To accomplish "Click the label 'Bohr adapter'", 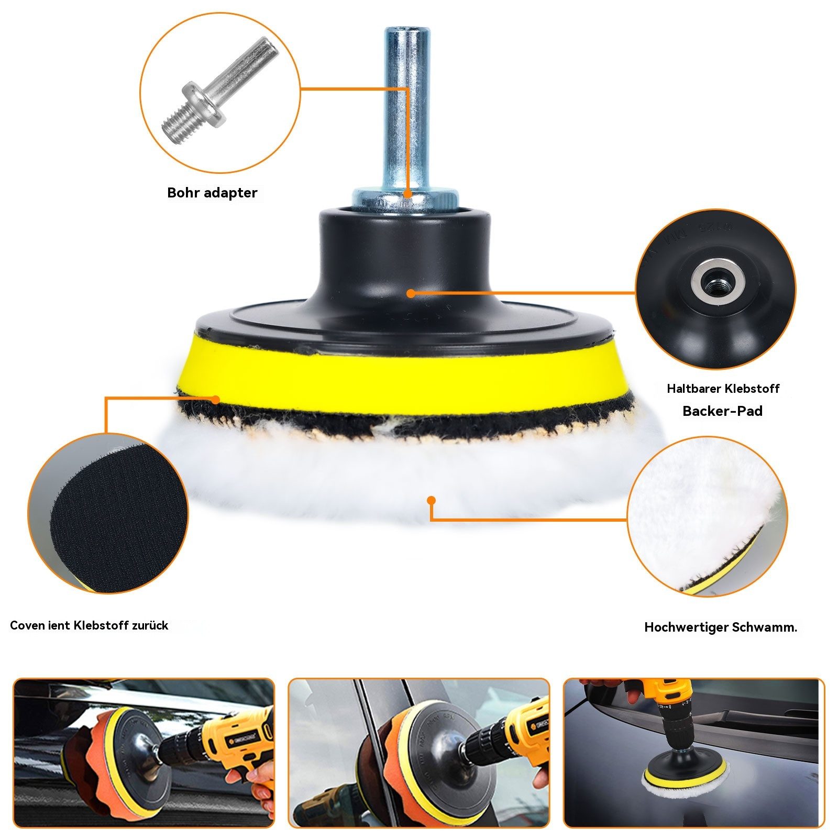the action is tap(212, 193).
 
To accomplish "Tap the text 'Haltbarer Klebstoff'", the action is tap(723, 389).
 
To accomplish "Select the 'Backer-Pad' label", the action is tap(722, 411).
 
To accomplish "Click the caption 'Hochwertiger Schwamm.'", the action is tap(721, 627).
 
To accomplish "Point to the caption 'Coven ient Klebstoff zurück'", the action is tap(89, 625).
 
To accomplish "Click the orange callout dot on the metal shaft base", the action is tap(407, 193).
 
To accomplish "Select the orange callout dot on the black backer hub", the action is tap(411, 293).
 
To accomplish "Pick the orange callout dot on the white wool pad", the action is tap(431, 500).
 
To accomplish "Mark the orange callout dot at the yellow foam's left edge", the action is tap(215, 400).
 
